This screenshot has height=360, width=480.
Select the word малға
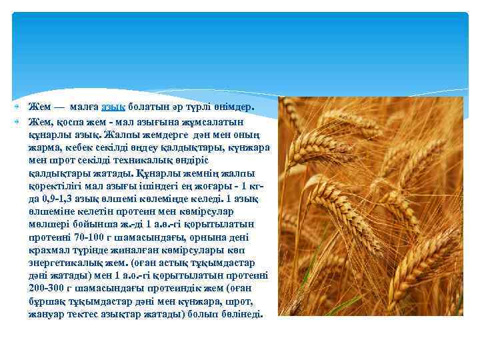coord(82,107)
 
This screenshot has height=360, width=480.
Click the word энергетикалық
coord(69,266)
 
